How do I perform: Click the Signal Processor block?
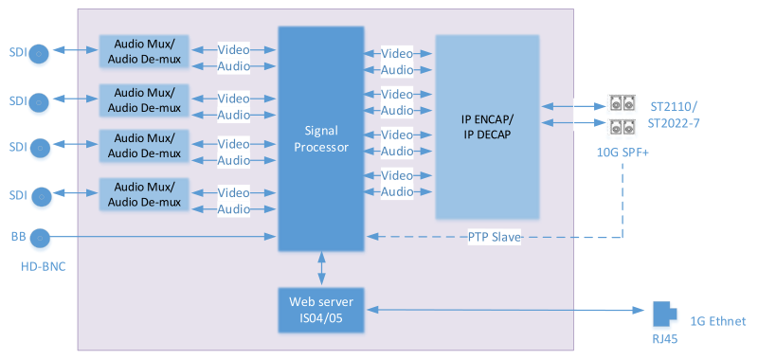click(320, 139)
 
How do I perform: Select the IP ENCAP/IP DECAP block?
click(489, 128)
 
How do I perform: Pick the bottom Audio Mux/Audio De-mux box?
click(144, 194)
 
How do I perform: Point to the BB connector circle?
click(40, 237)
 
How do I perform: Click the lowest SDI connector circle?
click(40, 196)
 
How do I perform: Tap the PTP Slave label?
click(495, 237)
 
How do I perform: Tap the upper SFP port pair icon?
click(622, 104)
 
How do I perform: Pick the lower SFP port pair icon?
click(622, 126)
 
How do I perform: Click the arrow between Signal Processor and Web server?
click(321, 269)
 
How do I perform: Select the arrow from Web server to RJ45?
click(502, 310)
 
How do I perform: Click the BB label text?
click(17, 236)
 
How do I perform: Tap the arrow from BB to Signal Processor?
click(161, 237)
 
